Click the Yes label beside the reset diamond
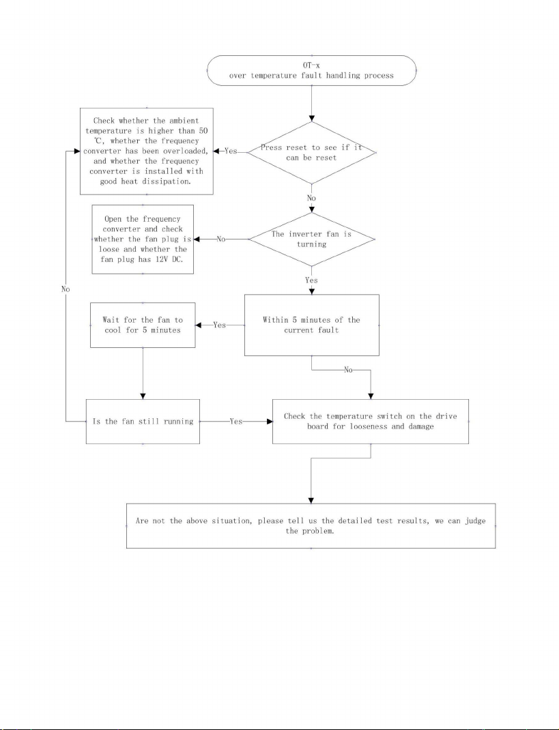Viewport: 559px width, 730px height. [x=231, y=151]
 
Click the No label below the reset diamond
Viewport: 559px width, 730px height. [x=311, y=199]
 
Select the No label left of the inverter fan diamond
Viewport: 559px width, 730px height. [x=221, y=239]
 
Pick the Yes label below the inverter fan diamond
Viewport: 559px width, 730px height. [x=311, y=280]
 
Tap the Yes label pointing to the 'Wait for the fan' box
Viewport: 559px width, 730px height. [x=219, y=325]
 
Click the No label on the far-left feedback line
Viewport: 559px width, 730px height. [x=66, y=289]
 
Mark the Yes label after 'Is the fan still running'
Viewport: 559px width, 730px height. [x=236, y=422]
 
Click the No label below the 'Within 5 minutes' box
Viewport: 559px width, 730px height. [x=349, y=370]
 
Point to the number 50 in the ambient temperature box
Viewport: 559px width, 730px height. [x=203, y=131]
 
